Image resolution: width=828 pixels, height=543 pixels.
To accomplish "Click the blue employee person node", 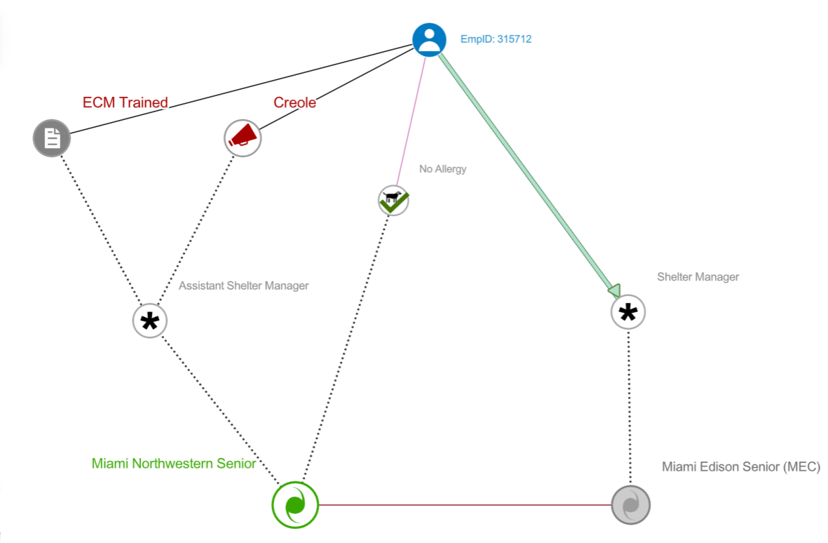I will pyautogui.click(x=429, y=40).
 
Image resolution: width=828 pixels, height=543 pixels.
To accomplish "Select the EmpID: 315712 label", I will pyautogui.click(x=496, y=39).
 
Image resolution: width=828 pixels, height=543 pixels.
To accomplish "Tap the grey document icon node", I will pyautogui.click(x=52, y=138).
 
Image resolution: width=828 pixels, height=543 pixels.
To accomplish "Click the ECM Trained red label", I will pyautogui.click(x=125, y=102).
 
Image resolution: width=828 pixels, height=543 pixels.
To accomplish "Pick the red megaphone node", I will pyautogui.click(x=243, y=137).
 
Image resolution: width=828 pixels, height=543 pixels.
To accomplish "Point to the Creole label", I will pyautogui.click(x=294, y=102).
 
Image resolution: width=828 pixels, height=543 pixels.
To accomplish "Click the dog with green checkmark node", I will pyautogui.click(x=393, y=201).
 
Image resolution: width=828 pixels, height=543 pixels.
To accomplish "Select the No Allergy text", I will pyautogui.click(x=442, y=169).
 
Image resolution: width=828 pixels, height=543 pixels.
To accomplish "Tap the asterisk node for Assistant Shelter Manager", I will pyautogui.click(x=150, y=321).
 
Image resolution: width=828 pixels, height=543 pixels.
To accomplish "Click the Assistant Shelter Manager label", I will pyautogui.click(x=243, y=286).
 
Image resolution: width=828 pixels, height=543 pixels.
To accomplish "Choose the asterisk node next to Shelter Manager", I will pyautogui.click(x=628, y=311).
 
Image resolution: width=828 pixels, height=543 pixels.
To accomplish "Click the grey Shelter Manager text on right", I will pyautogui.click(x=698, y=277).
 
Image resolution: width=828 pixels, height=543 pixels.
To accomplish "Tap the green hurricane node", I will pyautogui.click(x=295, y=504).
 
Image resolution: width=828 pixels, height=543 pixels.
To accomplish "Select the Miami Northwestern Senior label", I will pyautogui.click(x=173, y=464).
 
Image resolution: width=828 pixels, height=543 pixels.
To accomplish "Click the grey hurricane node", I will pyautogui.click(x=631, y=504).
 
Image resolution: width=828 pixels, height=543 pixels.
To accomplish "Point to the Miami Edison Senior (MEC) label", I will pyautogui.click(x=740, y=467).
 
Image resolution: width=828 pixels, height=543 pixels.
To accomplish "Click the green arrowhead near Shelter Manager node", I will pyautogui.click(x=614, y=290).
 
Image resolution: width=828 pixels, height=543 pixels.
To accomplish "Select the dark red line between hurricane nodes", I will pyautogui.click(x=463, y=504).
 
